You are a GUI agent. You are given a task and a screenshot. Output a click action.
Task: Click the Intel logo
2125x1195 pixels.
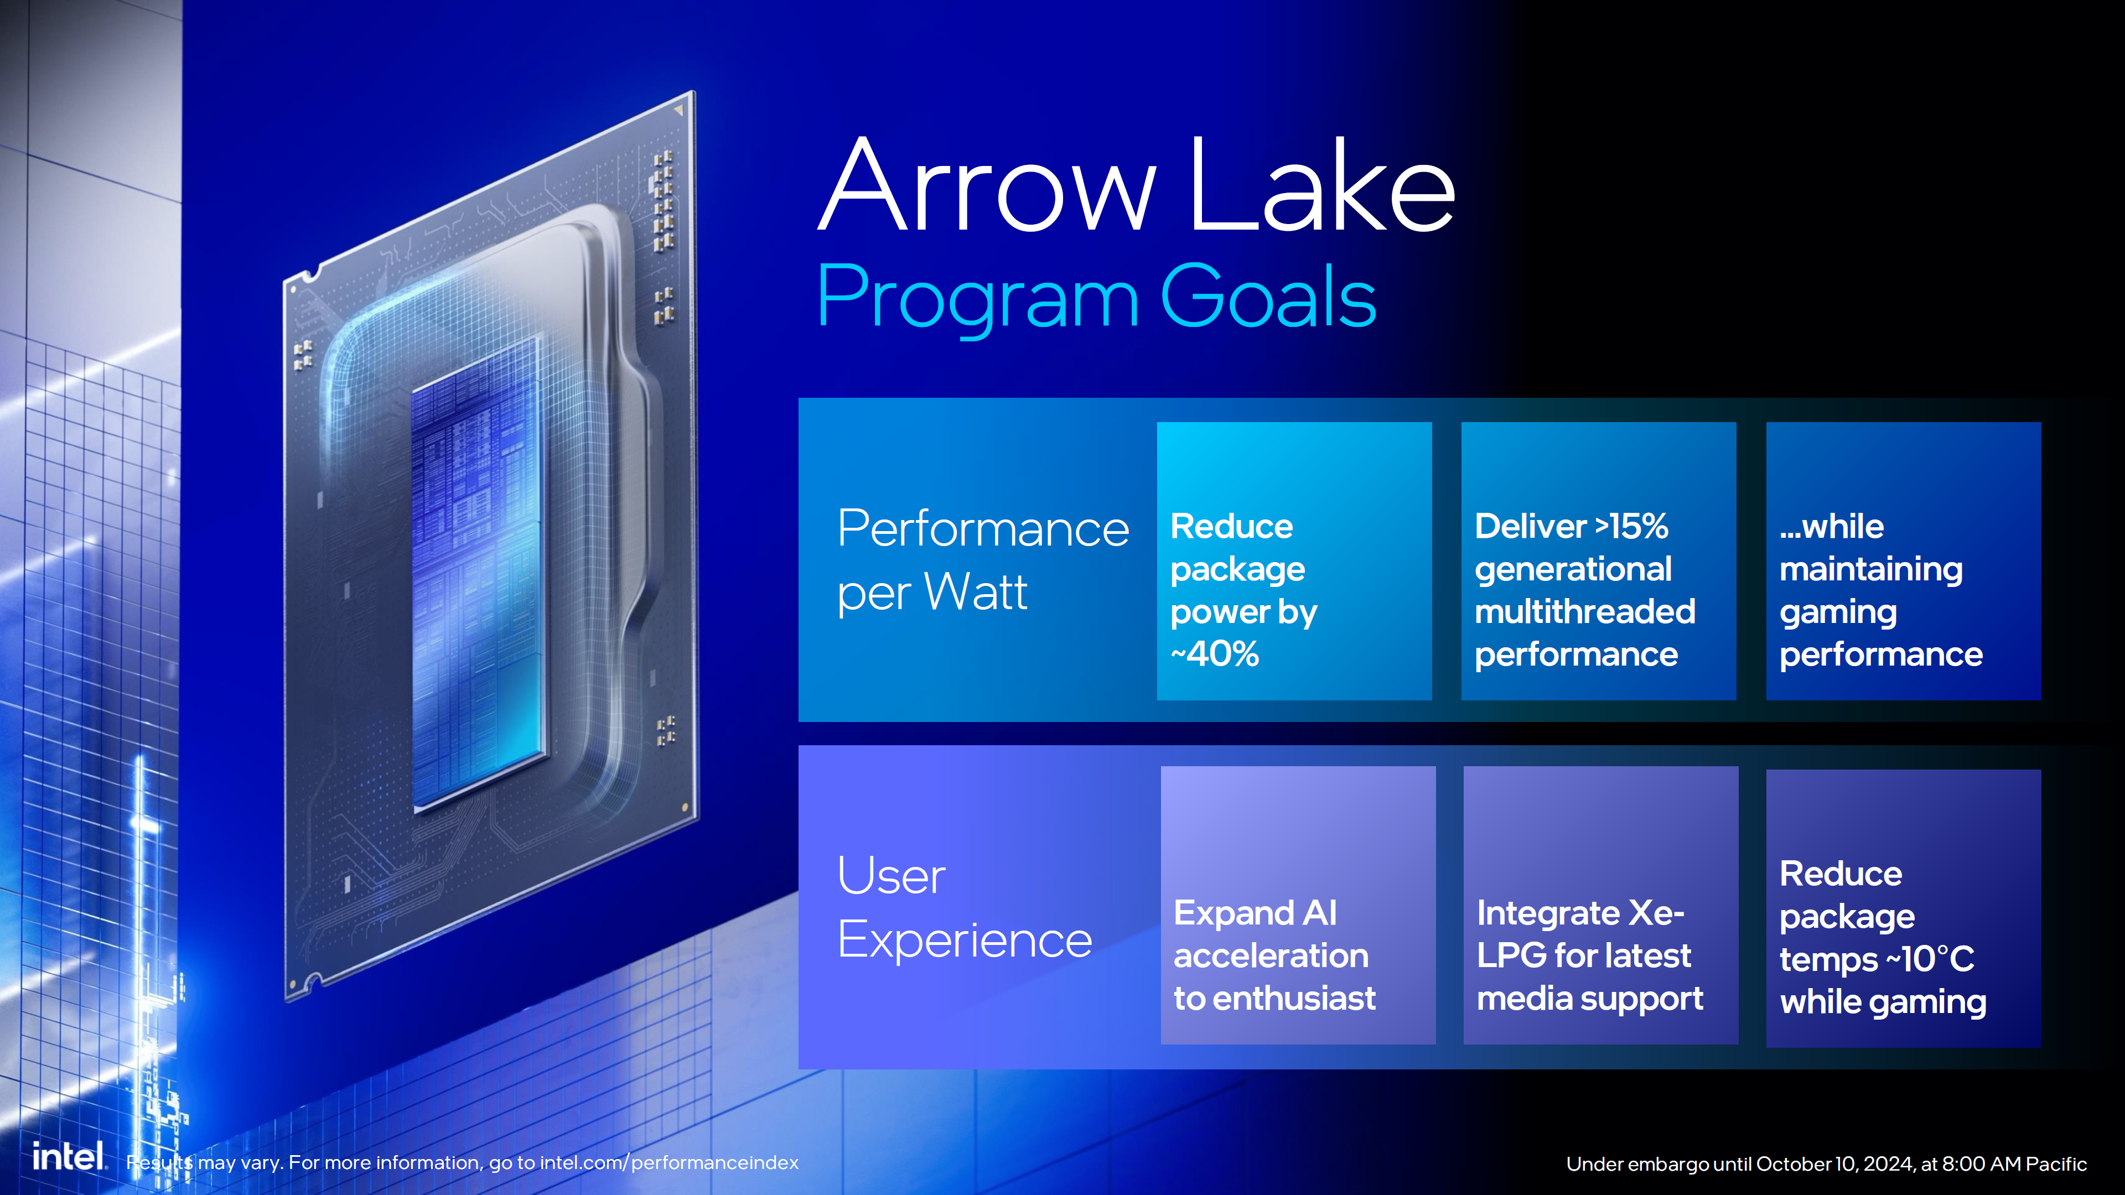(x=69, y=1156)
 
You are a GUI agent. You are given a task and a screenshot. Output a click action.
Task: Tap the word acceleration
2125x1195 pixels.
(x=1271, y=957)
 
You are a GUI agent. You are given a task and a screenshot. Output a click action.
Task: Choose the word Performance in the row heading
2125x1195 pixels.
(x=982, y=529)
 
